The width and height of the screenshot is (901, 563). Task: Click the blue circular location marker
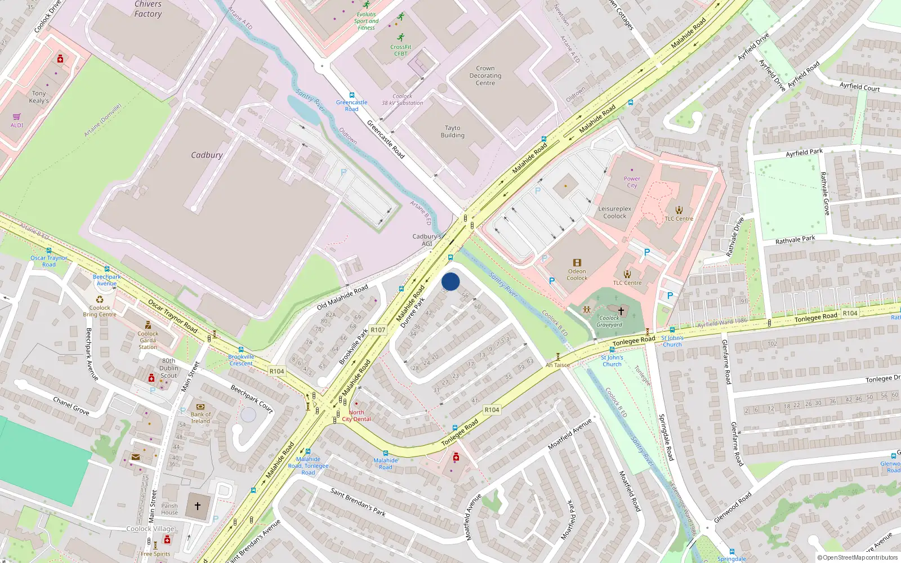point(450,281)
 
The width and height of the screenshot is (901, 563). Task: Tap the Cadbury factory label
point(207,155)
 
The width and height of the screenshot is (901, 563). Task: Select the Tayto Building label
point(453,132)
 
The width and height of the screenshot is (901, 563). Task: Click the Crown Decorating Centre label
point(485,75)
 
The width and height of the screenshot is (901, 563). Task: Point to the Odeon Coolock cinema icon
point(577,262)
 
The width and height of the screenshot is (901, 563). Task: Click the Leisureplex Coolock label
point(615,212)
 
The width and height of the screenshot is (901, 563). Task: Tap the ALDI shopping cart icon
point(16,117)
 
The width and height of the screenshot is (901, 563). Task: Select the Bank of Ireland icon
point(200,406)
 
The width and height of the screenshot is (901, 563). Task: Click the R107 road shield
point(378,330)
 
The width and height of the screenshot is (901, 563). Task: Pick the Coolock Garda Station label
point(148,340)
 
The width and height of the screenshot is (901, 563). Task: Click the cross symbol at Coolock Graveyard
point(621,311)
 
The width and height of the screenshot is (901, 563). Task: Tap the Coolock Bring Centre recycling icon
point(100,300)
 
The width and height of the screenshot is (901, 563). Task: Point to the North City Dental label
point(356,415)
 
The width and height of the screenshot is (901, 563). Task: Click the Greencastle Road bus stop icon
point(352,95)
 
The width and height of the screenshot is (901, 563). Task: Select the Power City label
point(632,182)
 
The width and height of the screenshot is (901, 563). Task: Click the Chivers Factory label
point(148,9)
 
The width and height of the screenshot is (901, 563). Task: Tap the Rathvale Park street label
point(795,240)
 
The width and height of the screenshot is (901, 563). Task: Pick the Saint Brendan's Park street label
point(358,502)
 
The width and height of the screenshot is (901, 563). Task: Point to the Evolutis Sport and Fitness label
point(366,21)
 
